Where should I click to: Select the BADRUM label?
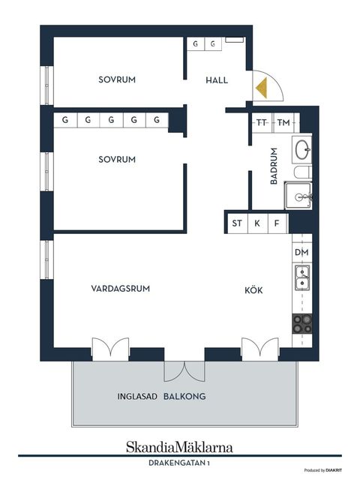[274, 166]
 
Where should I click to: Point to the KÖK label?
[253, 290]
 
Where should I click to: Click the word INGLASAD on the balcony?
[137, 397]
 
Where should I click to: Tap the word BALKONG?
[185, 397]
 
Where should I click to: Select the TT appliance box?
[262, 122]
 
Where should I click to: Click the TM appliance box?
[283, 122]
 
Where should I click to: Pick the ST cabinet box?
[237, 223]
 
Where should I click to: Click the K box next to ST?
[257, 223]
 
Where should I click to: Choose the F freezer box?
[277, 223]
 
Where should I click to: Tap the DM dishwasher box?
[301, 253]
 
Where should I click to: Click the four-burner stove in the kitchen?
[302, 323]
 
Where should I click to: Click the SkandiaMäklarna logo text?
[179, 446]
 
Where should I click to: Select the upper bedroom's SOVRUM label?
[117, 79]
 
